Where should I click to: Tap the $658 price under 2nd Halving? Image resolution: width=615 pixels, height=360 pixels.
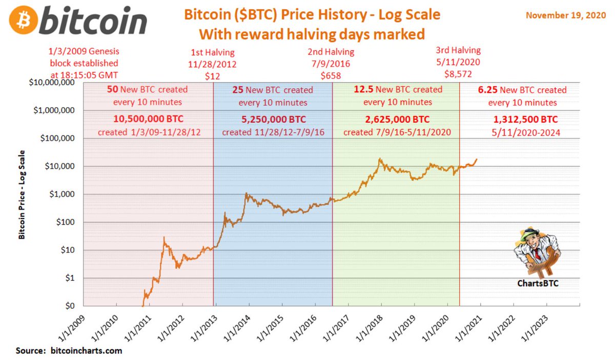coord(331,75)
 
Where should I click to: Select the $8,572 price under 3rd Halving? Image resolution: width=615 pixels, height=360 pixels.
coord(458,73)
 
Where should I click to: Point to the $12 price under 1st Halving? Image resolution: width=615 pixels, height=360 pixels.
coord(213,75)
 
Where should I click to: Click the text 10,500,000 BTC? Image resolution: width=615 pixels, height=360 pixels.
coord(148,119)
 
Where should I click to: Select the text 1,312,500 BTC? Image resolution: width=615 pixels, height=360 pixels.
coord(525,119)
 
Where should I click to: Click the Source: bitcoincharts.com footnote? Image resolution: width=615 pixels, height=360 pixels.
coord(69,351)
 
